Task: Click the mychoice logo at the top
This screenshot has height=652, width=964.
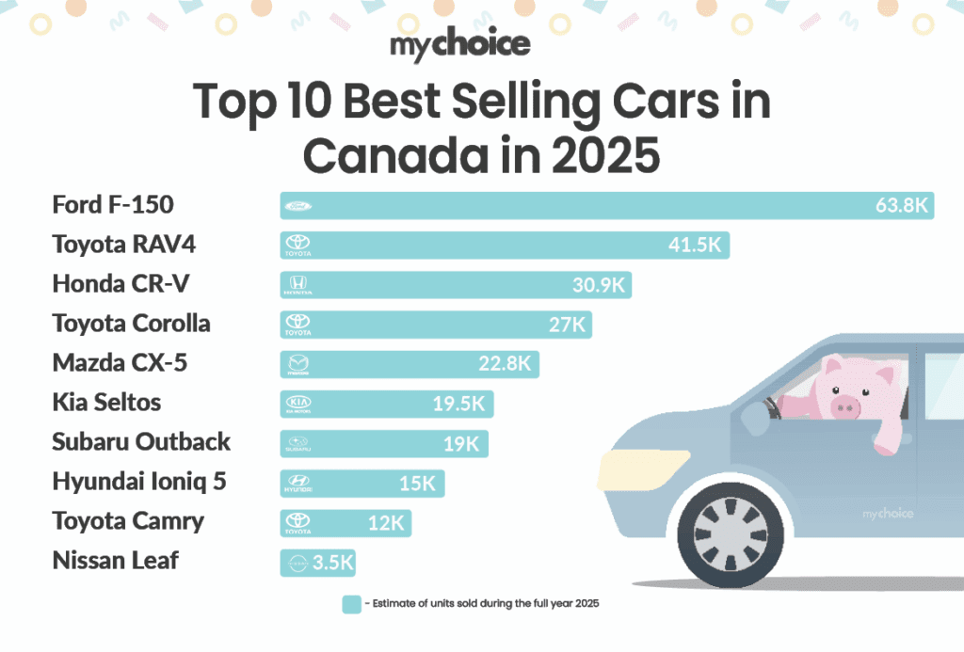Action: tap(459, 43)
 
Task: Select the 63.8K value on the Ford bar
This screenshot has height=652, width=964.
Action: tap(901, 206)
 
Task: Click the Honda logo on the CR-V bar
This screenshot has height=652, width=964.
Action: tap(297, 285)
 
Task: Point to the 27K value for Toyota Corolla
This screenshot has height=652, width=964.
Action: tap(567, 325)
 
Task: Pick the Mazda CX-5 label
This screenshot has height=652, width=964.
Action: tap(120, 363)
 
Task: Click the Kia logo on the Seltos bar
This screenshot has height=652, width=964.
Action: tap(297, 404)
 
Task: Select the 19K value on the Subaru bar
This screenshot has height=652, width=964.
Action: tap(462, 444)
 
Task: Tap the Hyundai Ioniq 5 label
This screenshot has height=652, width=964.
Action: tap(138, 482)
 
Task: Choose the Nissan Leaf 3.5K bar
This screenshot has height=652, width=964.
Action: tap(317, 563)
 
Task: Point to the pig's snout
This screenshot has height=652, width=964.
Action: tap(845, 406)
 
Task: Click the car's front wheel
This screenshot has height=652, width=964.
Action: tap(731, 533)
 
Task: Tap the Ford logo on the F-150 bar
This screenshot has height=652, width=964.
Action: tap(297, 206)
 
